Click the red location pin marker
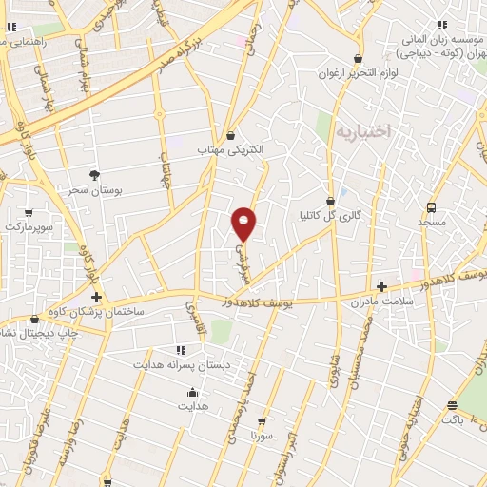click(244, 223)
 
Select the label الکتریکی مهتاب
click(231, 150)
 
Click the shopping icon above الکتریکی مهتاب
click(231, 135)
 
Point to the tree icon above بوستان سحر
click(93, 175)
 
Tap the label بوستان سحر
click(91, 190)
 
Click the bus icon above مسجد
click(431, 206)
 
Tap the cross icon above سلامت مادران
click(381, 286)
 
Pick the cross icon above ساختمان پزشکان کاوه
click(96, 298)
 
